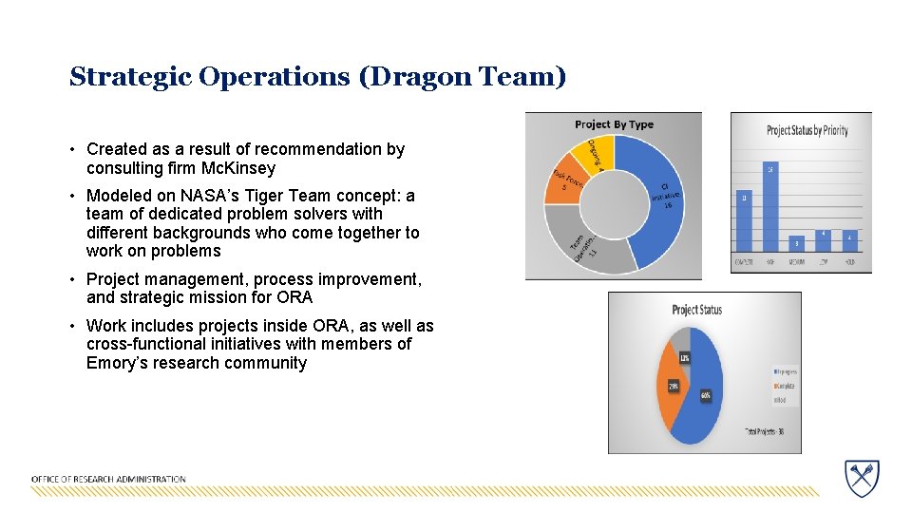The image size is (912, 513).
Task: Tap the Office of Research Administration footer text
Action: pyautogui.click(x=108, y=479)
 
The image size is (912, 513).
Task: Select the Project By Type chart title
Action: pyautogui.click(x=614, y=124)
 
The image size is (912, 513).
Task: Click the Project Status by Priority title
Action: pyautogui.click(x=807, y=130)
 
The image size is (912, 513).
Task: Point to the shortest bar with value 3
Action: pyautogui.click(x=796, y=244)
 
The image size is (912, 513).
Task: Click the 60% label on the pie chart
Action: pyautogui.click(x=706, y=394)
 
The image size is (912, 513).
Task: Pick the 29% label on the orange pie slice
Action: pyautogui.click(x=673, y=387)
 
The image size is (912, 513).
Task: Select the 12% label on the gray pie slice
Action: pyautogui.click(x=684, y=357)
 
